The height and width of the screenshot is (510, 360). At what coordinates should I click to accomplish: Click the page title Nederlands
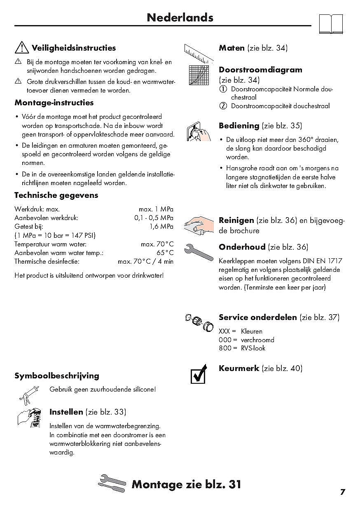[x=180, y=18]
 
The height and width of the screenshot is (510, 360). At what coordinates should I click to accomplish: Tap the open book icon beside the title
[x=331, y=24]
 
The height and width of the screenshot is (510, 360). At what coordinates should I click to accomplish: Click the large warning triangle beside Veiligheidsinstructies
[x=21, y=48]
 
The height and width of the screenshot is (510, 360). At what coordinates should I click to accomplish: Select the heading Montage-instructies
[x=54, y=103]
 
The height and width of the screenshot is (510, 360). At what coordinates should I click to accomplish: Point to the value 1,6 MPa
[x=161, y=227]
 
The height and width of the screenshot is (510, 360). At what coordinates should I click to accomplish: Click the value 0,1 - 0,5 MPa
[x=154, y=218]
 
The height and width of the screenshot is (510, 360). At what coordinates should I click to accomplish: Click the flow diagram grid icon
[x=199, y=75]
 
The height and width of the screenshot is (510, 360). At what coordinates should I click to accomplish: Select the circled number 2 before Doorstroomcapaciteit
[x=223, y=106]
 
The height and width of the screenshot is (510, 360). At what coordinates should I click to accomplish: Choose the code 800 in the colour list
[x=225, y=348]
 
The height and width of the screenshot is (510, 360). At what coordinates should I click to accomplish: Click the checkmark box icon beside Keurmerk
[x=199, y=373]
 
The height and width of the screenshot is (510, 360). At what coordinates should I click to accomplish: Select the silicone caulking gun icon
[x=29, y=395]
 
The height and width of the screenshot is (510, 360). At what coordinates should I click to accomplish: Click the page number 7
[x=343, y=492]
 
